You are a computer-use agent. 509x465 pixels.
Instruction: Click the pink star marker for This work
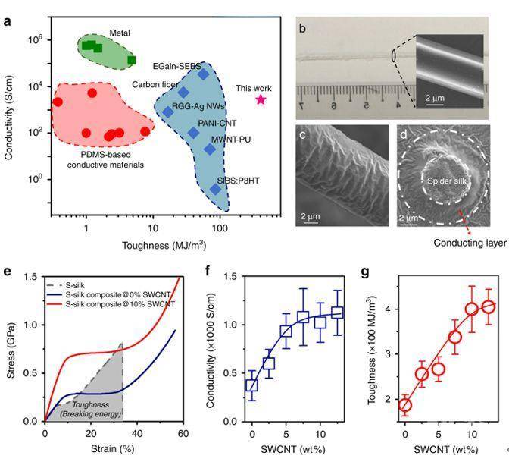point(261,99)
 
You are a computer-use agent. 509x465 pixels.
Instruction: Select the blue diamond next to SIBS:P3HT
point(215,189)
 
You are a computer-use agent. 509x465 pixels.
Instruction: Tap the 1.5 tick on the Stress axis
point(31,277)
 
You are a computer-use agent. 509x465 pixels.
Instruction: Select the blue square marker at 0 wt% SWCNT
point(251,385)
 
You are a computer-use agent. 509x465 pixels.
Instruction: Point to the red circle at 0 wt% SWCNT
point(405,404)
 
